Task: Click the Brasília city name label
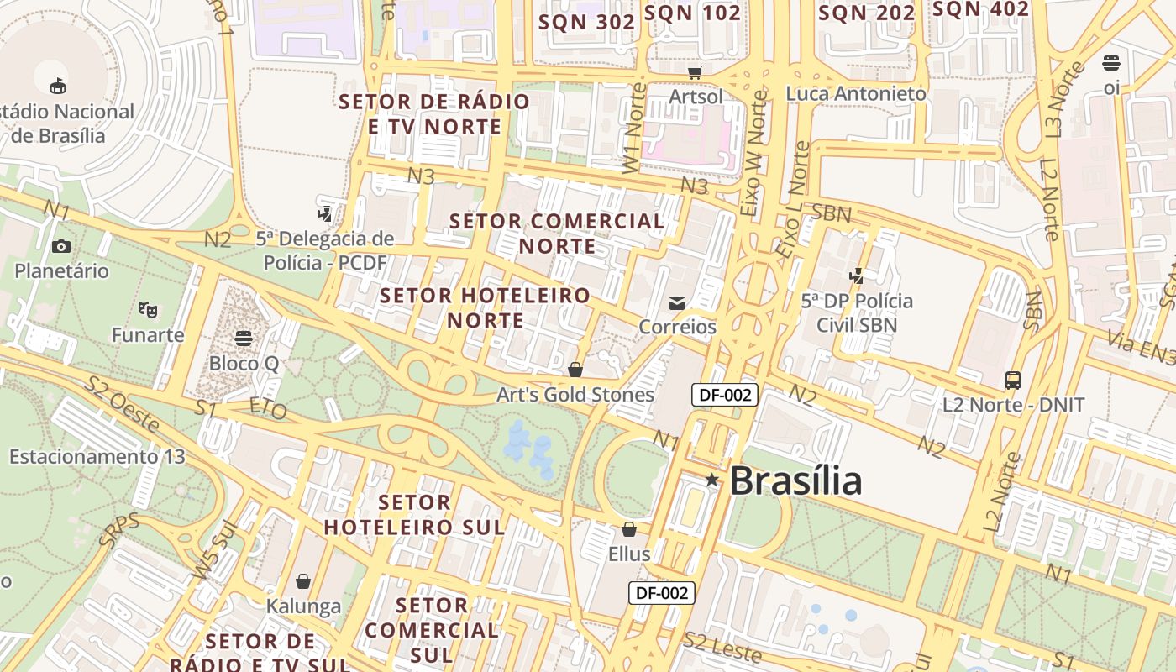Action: [795, 480]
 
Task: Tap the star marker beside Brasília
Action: [711, 480]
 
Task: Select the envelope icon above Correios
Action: [677, 302]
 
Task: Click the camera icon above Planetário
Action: [61, 246]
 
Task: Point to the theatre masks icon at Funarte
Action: [148, 310]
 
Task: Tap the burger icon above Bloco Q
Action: [244, 339]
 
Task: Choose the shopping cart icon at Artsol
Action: [695, 72]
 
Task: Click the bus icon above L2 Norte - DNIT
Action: [1013, 380]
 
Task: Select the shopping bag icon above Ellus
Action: [628, 529]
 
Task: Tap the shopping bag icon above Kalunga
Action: [303, 581]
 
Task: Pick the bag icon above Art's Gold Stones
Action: [575, 370]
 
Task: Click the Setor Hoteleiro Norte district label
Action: [486, 307]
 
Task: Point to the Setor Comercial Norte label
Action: [557, 234]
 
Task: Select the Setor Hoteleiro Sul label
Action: [415, 515]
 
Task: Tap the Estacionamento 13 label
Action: [97, 457]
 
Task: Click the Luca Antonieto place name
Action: [856, 93]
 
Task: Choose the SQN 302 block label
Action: [586, 22]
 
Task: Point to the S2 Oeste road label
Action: [122, 405]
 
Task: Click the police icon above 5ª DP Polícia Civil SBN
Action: [857, 275]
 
